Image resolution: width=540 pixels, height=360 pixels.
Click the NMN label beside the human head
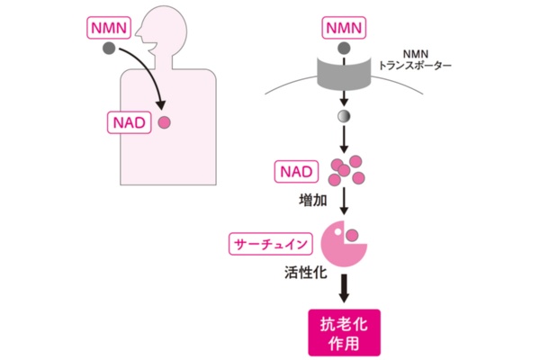click(x=107, y=28)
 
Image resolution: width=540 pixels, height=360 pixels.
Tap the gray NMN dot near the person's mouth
click(x=108, y=49)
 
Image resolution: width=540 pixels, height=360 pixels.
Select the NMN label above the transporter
click(x=341, y=28)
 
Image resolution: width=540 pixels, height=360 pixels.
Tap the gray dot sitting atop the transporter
click(x=342, y=49)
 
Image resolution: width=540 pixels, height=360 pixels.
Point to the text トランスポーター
click(x=415, y=67)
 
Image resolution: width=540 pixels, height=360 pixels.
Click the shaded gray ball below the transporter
click(x=342, y=116)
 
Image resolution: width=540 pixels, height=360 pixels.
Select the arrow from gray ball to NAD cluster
click(x=342, y=139)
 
